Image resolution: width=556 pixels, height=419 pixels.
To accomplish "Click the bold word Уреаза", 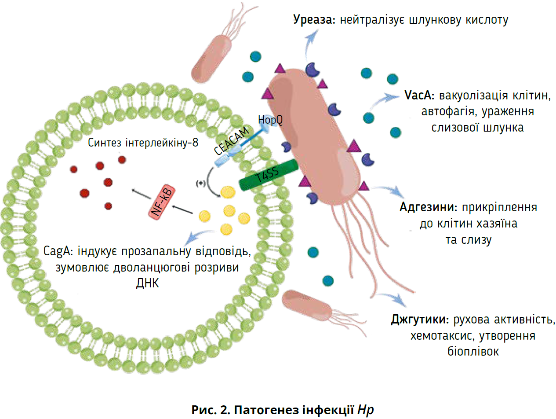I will [x=313, y=20].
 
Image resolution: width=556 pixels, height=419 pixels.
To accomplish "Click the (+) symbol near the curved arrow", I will [x=201, y=182].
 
